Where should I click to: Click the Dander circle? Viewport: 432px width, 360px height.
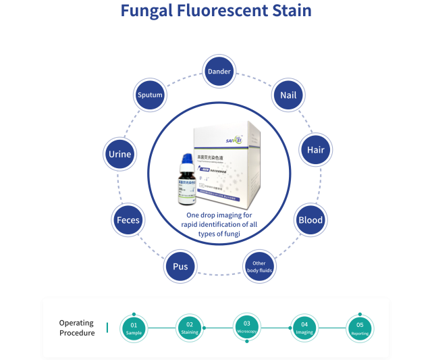pyautogui.click(x=219, y=72)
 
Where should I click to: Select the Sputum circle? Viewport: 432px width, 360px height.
pyautogui.click(x=150, y=95)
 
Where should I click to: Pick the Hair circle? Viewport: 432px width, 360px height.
pyautogui.click(x=316, y=149)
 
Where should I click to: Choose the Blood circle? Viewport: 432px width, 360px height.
pyautogui.click(x=310, y=220)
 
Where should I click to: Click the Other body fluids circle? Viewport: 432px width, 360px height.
pyautogui.click(x=259, y=266)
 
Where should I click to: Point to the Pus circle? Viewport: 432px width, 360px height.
pyautogui.click(x=180, y=266)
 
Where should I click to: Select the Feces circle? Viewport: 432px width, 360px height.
pyautogui.click(x=128, y=221)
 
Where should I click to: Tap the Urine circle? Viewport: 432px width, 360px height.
pyautogui.click(x=119, y=154)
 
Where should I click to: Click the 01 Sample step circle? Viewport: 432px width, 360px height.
pyautogui.click(x=134, y=328)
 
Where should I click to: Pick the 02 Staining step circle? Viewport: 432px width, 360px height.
pyautogui.click(x=190, y=328)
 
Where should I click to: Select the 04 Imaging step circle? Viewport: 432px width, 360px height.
pyautogui.click(x=304, y=328)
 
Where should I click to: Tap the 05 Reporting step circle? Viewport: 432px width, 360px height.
pyautogui.click(x=359, y=328)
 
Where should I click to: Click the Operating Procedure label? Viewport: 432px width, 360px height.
pyautogui.click(x=77, y=328)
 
